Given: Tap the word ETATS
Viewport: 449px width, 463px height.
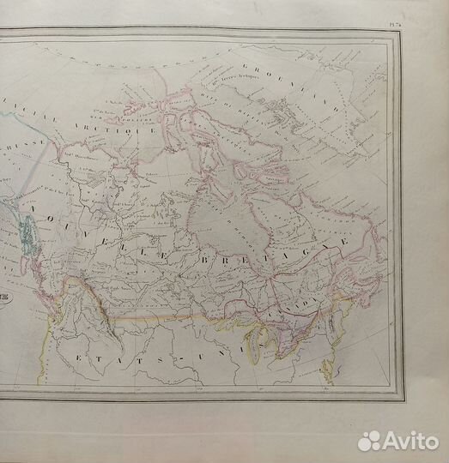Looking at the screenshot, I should point(112,359).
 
